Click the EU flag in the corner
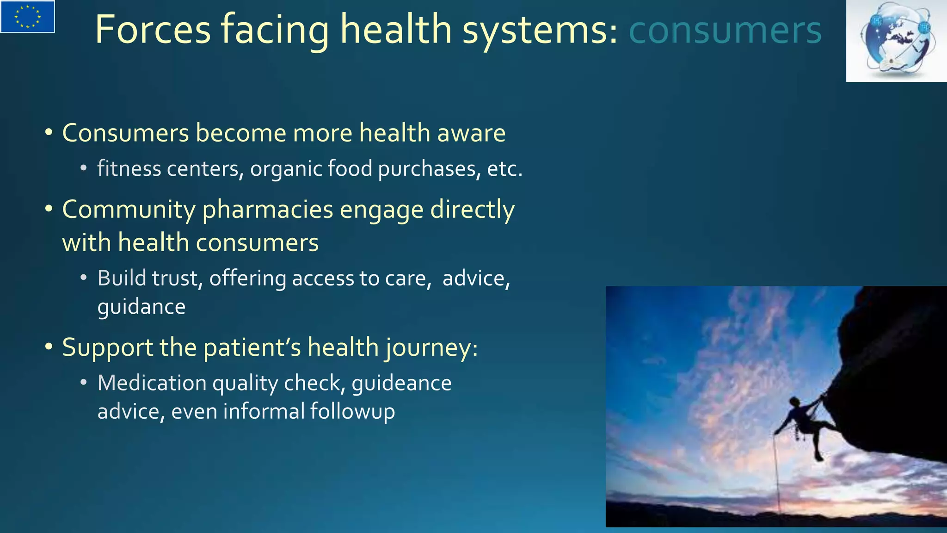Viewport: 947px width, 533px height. [x=28, y=17]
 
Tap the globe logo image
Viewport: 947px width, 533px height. [x=896, y=41]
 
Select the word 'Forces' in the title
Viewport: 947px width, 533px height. [x=153, y=30]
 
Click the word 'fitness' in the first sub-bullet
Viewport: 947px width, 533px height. [x=123, y=168]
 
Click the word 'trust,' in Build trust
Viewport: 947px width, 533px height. [x=177, y=279]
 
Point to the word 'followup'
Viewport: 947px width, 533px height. [x=352, y=411]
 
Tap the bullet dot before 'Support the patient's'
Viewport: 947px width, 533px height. [x=49, y=347]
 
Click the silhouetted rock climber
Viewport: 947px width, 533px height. [x=806, y=421]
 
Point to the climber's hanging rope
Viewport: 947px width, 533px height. [x=777, y=477]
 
